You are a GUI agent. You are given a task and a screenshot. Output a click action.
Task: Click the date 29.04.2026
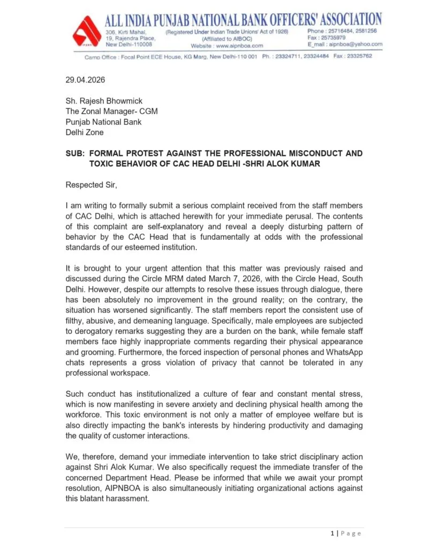(x=85, y=80)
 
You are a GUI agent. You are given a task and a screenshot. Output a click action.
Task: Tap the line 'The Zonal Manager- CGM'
(x=111, y=112)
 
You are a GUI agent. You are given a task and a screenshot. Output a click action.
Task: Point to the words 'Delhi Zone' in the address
(x=85, y=132)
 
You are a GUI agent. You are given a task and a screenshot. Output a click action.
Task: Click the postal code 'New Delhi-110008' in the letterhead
(x=129, y=44)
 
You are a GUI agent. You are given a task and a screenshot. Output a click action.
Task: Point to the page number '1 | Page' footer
(x=346, y=533)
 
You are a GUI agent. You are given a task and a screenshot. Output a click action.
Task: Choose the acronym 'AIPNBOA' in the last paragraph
(x=147, y=488)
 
